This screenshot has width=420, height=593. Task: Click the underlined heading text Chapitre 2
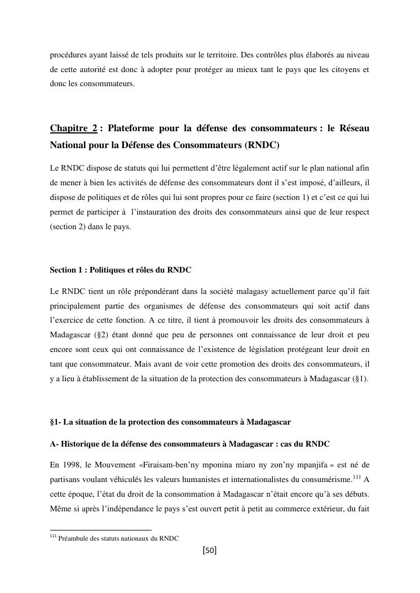[73, 129]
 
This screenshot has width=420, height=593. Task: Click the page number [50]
[210, 550]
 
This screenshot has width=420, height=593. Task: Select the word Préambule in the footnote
[76, 538]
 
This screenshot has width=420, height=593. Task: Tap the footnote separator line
[101, 530]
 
